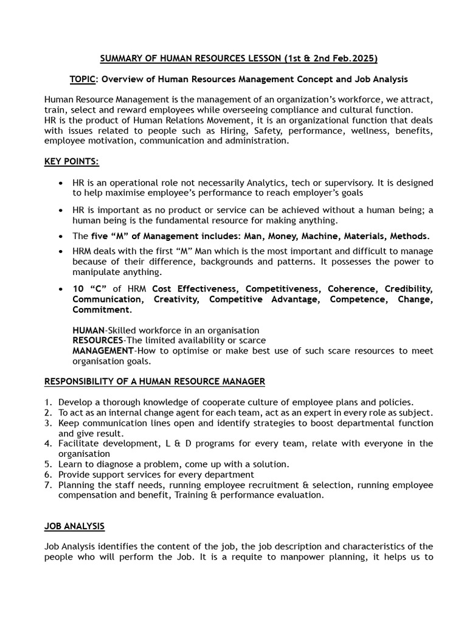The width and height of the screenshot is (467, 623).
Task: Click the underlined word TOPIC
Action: point(81,79)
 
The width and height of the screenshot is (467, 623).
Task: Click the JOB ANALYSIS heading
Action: point(74,526)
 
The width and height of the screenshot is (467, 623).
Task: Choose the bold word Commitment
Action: point(101,309)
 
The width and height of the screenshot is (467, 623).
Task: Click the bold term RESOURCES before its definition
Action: point(98,340)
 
